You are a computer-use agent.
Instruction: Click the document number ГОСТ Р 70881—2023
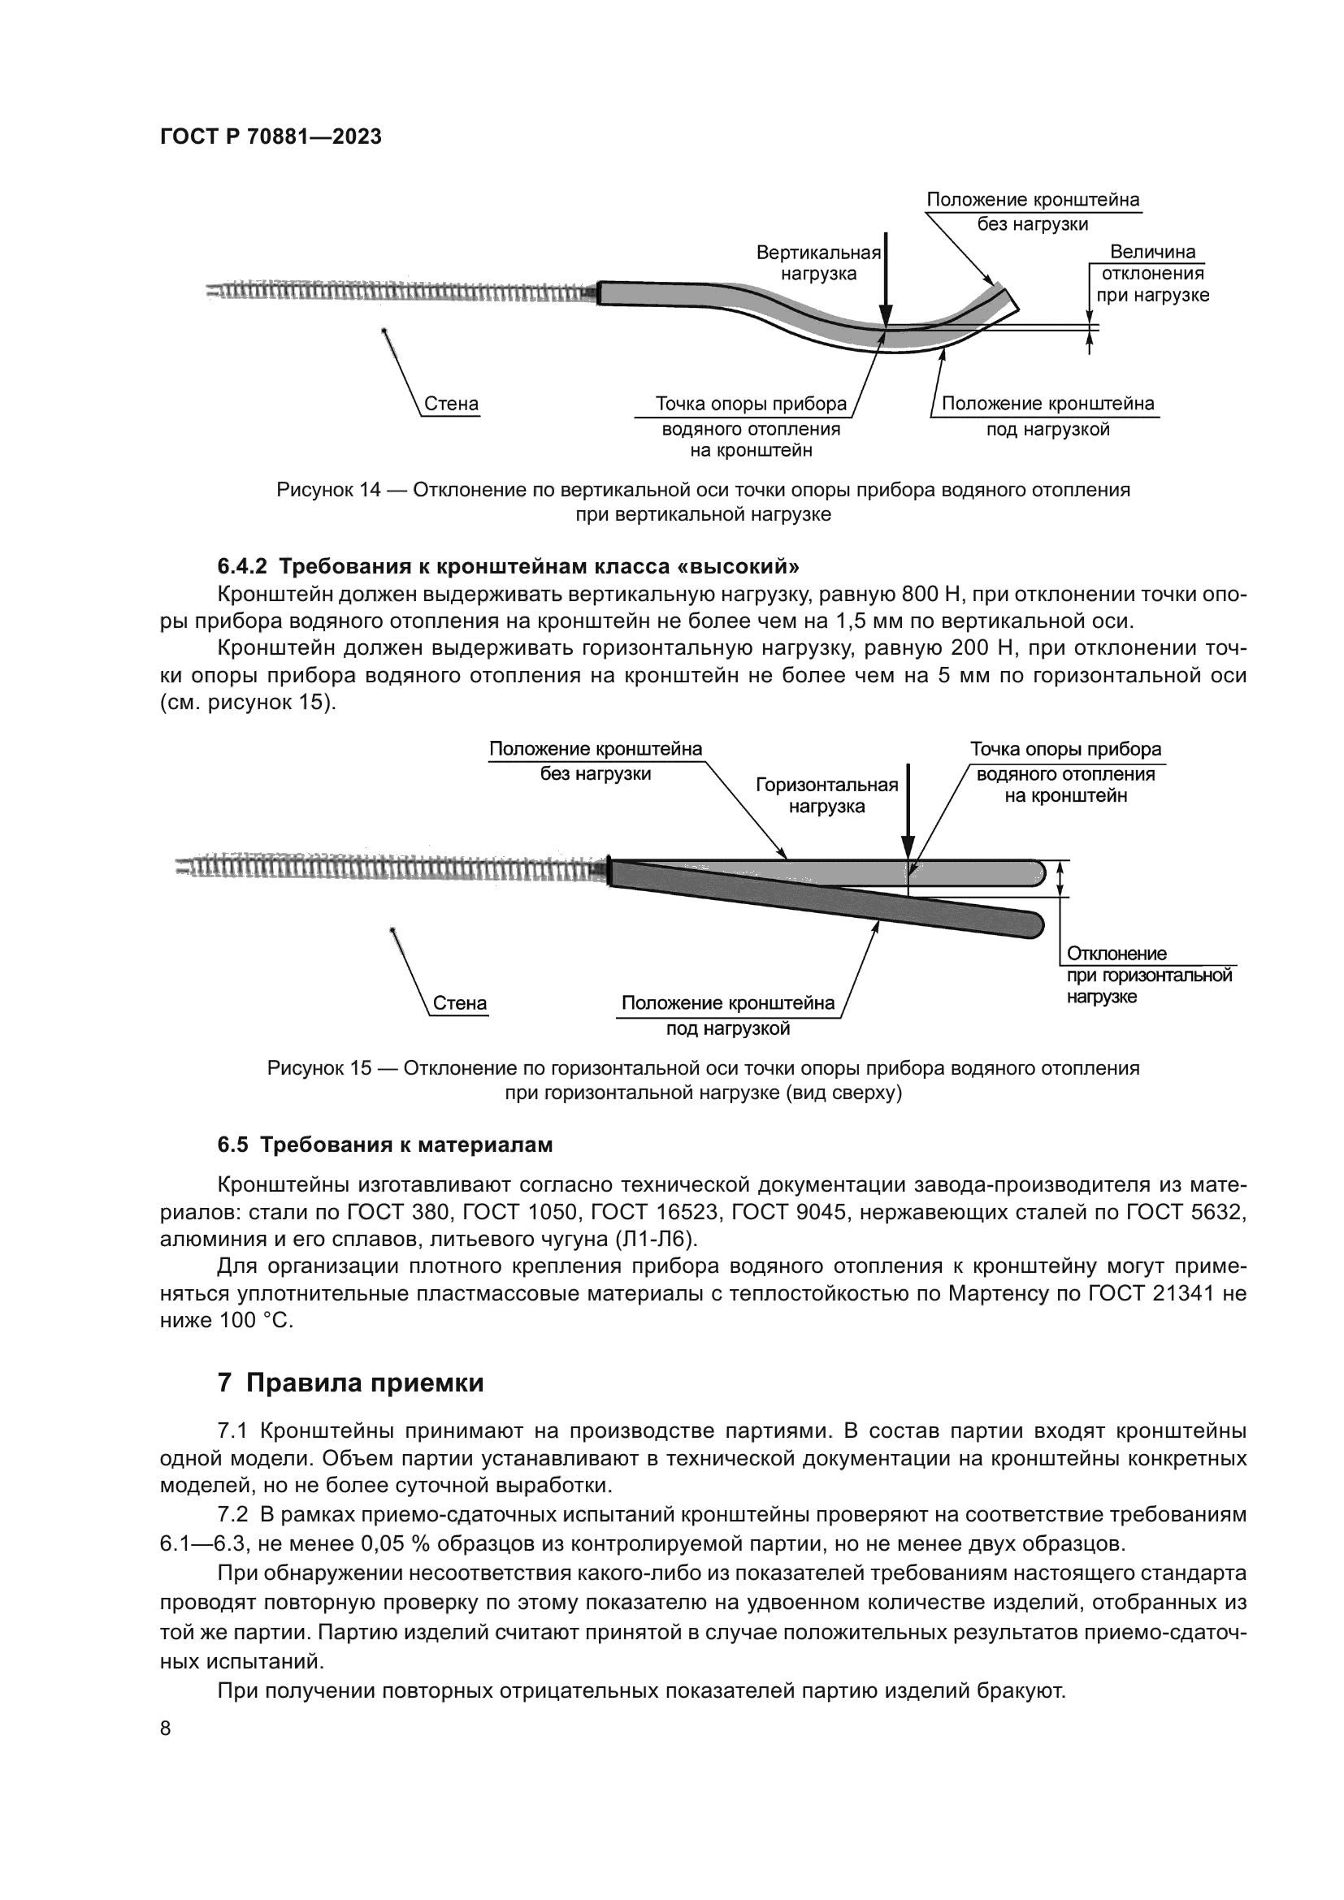click(271, 136)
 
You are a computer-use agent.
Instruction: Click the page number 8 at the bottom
click(166, 1728)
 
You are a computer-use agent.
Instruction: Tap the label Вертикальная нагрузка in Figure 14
click(818, 263)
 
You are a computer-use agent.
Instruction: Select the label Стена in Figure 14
click(451, 405)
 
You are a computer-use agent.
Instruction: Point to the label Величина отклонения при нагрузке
click(1152, 274)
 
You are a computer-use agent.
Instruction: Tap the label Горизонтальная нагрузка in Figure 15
click(826, 795)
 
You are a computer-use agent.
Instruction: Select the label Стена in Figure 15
click(460, 1004)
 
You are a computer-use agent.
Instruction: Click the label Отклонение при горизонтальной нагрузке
click(1149, 975)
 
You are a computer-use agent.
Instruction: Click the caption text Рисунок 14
click(328, 490)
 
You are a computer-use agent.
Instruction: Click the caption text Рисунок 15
click(319, 1068)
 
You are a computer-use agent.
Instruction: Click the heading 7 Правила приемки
click(350, 1383)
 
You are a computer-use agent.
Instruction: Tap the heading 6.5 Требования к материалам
click(385, 1145)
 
